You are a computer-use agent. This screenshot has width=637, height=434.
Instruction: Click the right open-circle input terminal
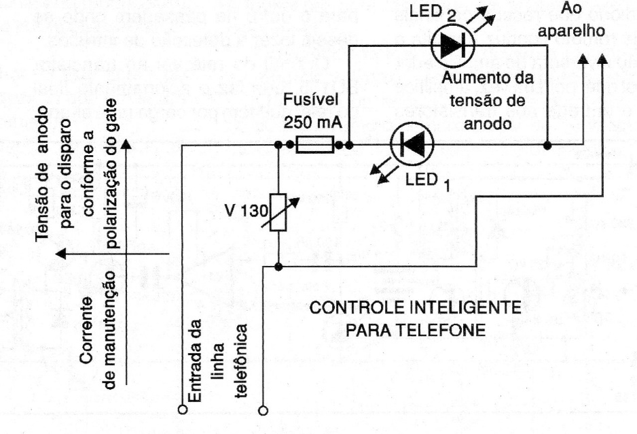[262, 411]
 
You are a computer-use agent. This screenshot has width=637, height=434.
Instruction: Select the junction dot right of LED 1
[547, 145]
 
